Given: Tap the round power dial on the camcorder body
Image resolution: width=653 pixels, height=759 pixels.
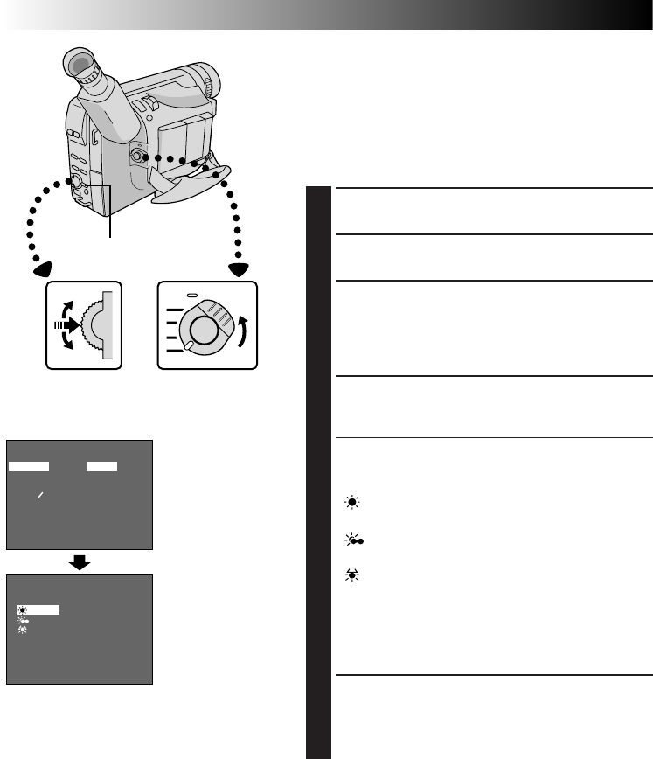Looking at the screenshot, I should pos(138,157).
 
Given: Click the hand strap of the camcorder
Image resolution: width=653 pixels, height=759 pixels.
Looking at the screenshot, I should pos(187,180).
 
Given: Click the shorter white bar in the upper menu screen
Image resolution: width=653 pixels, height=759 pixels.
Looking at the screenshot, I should pos(101,467).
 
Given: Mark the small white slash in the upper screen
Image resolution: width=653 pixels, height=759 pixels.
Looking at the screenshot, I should pos(39,495).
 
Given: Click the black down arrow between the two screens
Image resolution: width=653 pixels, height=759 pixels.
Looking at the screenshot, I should pos(80,561).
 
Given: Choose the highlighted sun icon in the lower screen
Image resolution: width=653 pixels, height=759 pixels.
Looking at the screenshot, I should pos(23,609).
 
